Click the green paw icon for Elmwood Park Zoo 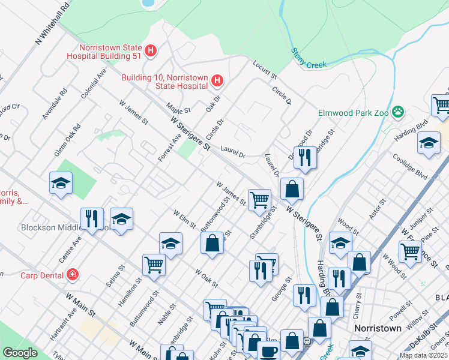[x=397, y=112]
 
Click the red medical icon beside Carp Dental [x=73, y=275]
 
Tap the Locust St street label [x=264, y=70]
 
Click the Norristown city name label [x=378, y=329]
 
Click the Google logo [x=20, y=353]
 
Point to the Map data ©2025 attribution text [x=422, y=355]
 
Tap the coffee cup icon [x=268, y=350]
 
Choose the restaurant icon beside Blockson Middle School [x=92, y=218]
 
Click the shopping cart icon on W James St [x=259, y=200]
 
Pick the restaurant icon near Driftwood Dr [x=304, y=157]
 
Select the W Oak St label [x=206, y=277]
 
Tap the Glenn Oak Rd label [x=67, y=140]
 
